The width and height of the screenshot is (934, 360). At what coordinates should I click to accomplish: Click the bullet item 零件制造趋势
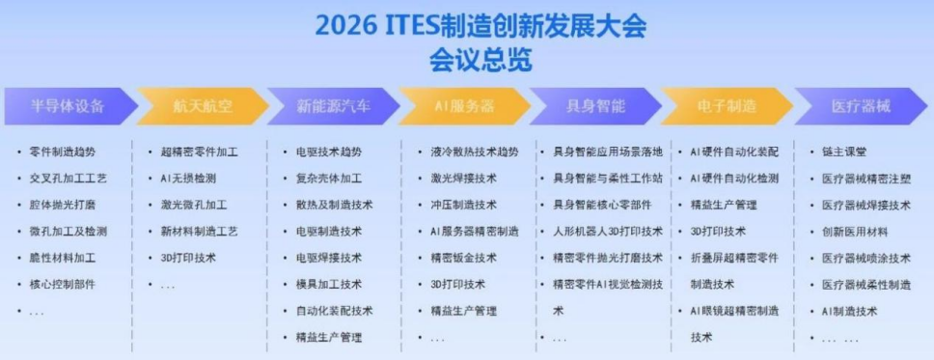tap(63, 152)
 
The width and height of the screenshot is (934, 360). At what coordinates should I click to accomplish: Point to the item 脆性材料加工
tap(63, 258)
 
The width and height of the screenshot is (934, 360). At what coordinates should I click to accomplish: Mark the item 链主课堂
tap(844, 152)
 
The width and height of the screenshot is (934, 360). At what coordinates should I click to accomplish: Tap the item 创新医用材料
tap(856, 232)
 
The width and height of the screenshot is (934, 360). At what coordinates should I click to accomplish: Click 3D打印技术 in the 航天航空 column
tap(188, 258)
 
